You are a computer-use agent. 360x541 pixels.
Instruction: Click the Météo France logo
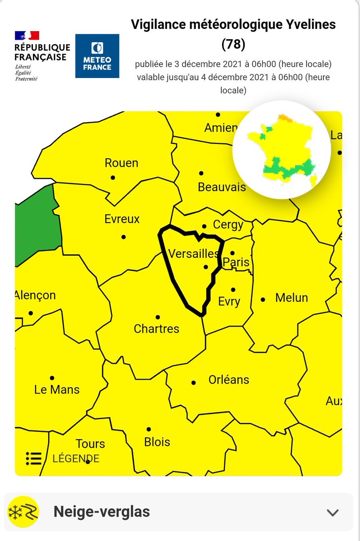(97, 56)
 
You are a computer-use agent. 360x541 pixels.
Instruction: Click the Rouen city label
(121, 163)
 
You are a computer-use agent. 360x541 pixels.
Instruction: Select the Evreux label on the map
(122, 219)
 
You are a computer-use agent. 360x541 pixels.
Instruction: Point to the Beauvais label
(222, 186)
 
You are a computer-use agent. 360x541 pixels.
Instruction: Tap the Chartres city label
(156, 329)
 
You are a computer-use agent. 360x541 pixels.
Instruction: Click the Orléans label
(229, 380)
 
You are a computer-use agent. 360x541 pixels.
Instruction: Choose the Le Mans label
(57, 390)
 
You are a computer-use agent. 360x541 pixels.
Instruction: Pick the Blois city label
(157, 441)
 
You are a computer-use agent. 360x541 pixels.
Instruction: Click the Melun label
(292, 298)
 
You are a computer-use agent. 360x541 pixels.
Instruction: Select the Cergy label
(228, 225)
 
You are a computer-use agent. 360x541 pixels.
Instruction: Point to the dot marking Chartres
(158, 317)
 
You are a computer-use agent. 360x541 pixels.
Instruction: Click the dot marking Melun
(263, 299)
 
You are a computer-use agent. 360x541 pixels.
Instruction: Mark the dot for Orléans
(194, 382)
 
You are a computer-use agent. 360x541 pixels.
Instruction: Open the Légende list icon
(34, 458)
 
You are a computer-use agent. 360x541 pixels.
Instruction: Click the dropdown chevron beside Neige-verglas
(333, 512)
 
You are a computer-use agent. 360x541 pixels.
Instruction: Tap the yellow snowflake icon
(23, 512)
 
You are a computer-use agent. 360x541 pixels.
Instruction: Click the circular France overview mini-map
(282, 150)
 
